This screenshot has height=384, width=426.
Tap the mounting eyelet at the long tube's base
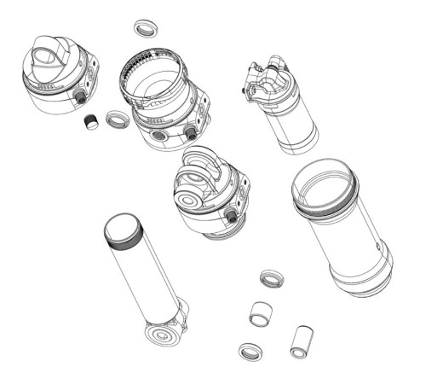[162, 332]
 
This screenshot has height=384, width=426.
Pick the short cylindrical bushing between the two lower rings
[258, 312]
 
